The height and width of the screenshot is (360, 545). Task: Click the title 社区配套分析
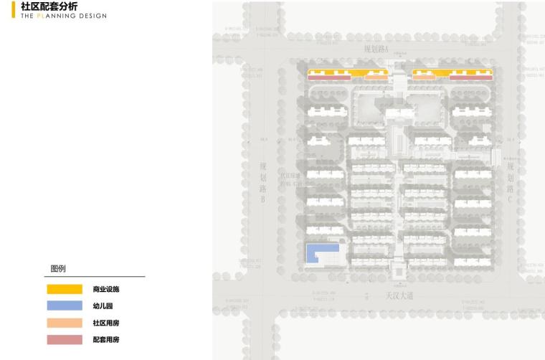point(49,6)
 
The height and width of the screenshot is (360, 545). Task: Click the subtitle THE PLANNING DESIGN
point(64,16)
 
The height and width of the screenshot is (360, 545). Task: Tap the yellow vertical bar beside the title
point(14,10)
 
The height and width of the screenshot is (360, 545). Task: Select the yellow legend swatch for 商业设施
point(65,289)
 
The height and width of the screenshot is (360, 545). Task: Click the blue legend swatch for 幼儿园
point(65,305)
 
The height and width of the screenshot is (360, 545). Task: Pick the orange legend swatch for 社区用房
point(65,323)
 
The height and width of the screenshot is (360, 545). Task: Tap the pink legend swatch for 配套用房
point(65,339)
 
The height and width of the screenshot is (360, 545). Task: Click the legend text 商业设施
point(106,289)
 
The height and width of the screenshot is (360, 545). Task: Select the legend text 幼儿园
point(103,306)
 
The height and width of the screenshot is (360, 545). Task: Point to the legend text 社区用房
point(106,323)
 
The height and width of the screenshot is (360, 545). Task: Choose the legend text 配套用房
point(106,339)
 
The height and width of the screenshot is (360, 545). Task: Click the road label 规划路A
point(376,49)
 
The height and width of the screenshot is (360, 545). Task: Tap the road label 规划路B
point(263,182)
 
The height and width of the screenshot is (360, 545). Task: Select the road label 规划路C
point(511,178)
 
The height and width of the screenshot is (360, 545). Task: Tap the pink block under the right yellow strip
point(470,77)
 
